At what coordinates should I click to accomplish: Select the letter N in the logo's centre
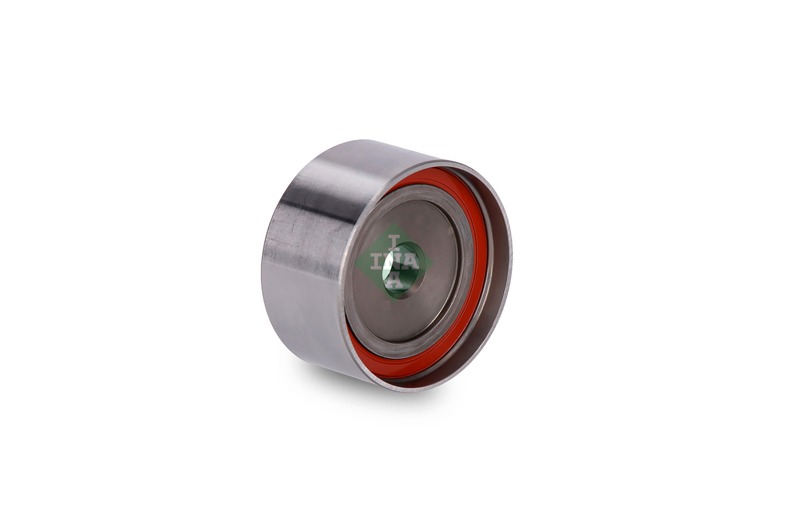[x=394, y=262]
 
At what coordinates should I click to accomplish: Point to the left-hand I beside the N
[x=377, y=262]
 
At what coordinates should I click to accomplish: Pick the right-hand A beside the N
[x=411, y=262]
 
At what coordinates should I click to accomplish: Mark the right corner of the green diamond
[x=433, y=262]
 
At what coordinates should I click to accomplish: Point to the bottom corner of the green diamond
[x=395, y=300]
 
